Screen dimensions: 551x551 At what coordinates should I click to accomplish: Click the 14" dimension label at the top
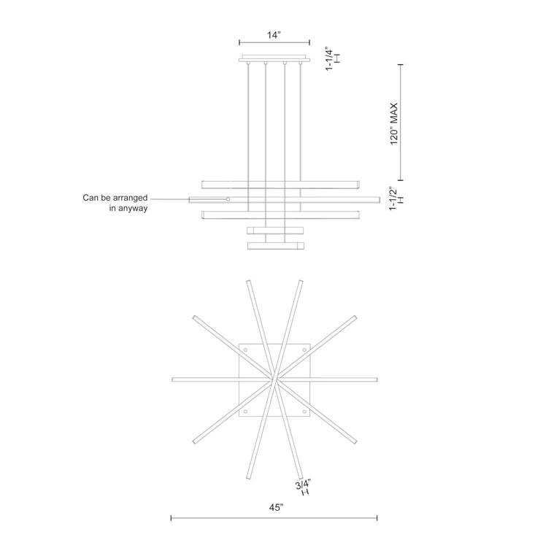[x=274, y=34]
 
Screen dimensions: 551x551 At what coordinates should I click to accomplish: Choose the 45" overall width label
[x=274, y=507]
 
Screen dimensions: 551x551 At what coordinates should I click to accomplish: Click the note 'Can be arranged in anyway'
[x=115, y=203]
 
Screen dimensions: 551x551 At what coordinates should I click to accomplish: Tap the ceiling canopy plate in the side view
[x=274, y=59]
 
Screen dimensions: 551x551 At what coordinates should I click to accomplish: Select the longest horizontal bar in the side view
[x=284, y=199]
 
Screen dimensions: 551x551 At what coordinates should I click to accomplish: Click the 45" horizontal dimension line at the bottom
[x=274, y=519]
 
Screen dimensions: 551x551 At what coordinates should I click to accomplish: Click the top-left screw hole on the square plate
[x=245, y=351]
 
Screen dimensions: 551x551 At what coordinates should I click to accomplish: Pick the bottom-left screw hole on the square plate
[x=245, y=412]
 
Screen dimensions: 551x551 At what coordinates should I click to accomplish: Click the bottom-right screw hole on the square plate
[x=305, y=412]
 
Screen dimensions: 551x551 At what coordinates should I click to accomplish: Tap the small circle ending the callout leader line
[x=228, y=199]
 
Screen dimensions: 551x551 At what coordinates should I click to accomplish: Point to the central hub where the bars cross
[x=275, y=380]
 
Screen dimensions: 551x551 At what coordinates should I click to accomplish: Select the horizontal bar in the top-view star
[x=219, y=379]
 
